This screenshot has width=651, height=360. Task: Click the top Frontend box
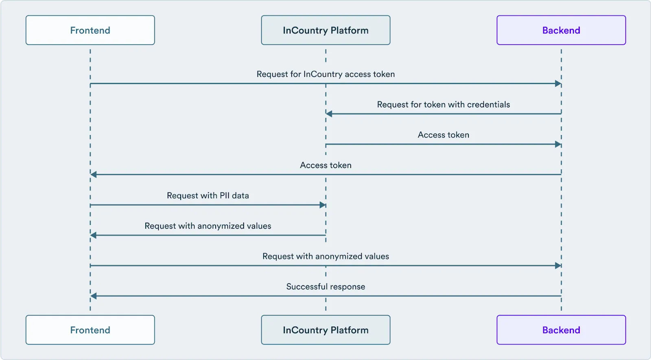90,30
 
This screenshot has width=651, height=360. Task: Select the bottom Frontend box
90,330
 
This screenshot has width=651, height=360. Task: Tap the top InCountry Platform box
325,30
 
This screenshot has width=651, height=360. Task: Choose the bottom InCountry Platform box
325,330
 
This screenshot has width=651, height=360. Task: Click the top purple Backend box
561,30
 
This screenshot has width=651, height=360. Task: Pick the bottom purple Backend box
561,330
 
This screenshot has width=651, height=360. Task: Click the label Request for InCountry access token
325,74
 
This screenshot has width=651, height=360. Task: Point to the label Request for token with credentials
443,105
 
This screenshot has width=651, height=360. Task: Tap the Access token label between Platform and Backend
443,135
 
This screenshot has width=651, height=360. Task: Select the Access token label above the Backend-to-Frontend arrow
325,165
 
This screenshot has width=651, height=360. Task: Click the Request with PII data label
208,196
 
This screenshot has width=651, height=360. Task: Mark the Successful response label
325,287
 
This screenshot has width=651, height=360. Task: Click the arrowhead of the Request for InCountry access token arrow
558,84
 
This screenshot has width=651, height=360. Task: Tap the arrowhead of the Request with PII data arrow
323,205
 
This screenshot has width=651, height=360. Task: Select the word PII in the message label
225,196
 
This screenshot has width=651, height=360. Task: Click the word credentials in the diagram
488,105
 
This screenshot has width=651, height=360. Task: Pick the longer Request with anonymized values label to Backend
325,256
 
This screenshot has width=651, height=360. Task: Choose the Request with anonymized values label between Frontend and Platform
208,226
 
